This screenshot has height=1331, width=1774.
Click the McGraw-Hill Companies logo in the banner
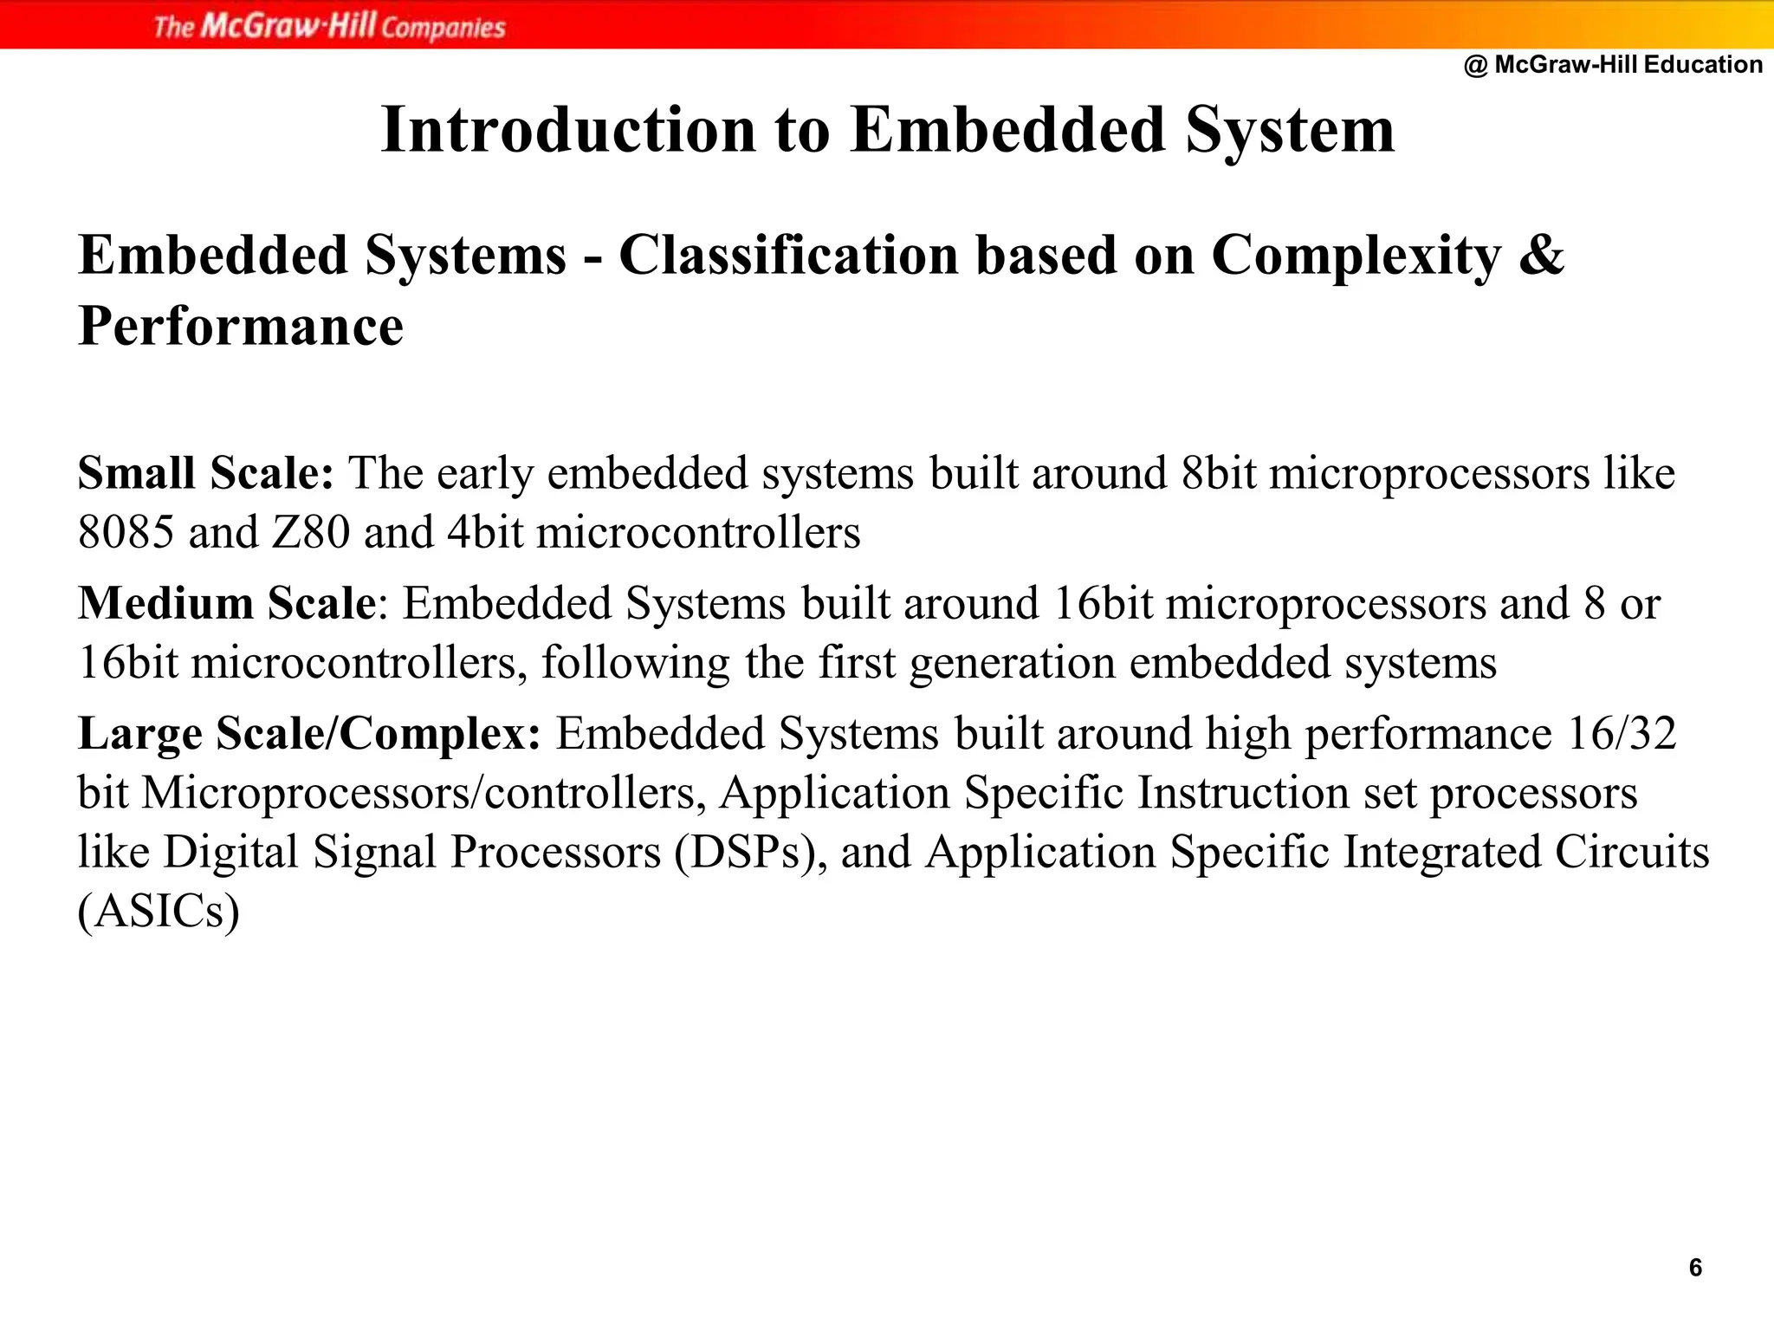pyautogui.click(x=329, y=26)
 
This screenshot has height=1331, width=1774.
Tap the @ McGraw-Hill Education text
pyautogui.click(x=1613, y=64)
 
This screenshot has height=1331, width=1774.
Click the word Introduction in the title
pyautogui.click(x=569, y=130)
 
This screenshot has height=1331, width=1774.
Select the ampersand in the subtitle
pyautogui.click(x=1542, y=255)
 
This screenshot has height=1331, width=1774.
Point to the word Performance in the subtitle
pyautogui.click(x=241, y=326)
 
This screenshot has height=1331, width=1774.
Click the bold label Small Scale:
pyautogui.click(x=206, y=473)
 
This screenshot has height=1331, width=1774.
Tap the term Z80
pyautogui.click(x=311, y=532)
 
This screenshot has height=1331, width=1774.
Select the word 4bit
pyautogui.click(x=485, y=532)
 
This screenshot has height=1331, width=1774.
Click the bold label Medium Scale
pyautogui.click(x=227, y=603)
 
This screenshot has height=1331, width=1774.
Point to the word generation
pyautogui.click(x=1013, y=663)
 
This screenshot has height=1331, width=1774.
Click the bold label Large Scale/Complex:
pyautogui.click(x=309, y=733)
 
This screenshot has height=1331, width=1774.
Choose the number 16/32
pyautogui.click(x=1622, y=733)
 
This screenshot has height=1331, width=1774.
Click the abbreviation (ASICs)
pyautogui.click(x=159, y=912)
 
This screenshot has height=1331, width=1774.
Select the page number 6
pyautogui.click(x=1695, y=1268)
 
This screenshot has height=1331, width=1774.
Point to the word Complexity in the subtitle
pyautogui.click(x=1356, y=256)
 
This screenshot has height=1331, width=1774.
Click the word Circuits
pyautogui.click(x=1632, y=852)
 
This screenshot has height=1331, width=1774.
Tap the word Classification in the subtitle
pyautogui.click(x=788, y=255)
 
